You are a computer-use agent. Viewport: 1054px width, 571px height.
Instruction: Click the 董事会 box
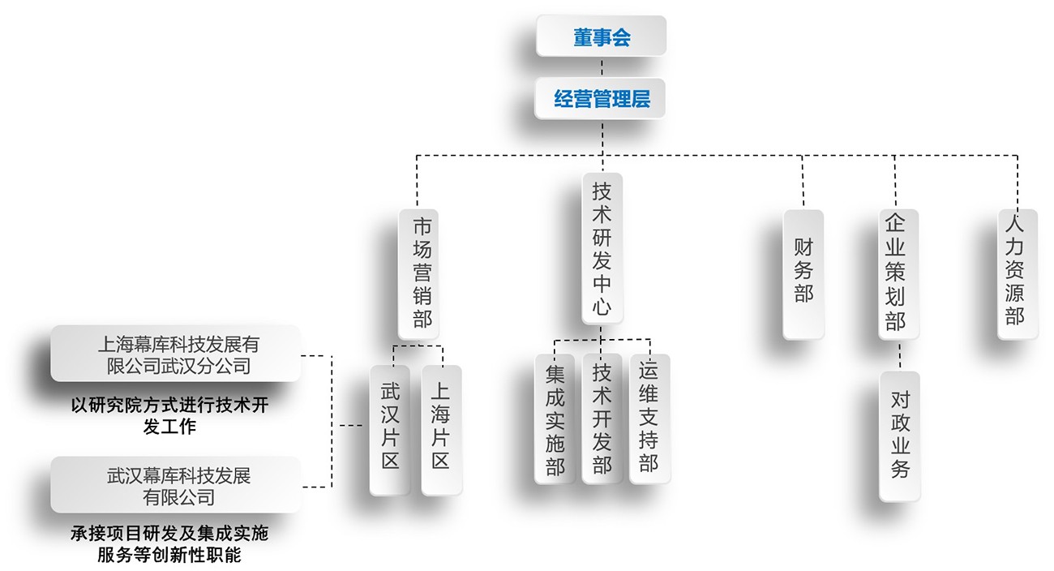[x=601, y=36]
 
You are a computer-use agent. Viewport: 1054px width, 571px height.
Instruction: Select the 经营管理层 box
[x=601, y=99]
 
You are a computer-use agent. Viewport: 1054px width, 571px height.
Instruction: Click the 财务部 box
[x=803, y=273]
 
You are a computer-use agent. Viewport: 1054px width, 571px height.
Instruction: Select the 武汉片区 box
[x=390, y=429]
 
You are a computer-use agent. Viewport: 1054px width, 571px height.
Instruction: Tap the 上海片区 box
[x=441, y=429]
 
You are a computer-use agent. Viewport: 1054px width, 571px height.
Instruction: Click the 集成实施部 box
[x=555, y=419]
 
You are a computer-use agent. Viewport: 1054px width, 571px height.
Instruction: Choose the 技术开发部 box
[x=602, y=419]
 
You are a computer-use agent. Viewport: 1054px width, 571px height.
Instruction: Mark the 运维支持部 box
[x=649, y=419]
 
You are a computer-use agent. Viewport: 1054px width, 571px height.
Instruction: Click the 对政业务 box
[x=899, y=436]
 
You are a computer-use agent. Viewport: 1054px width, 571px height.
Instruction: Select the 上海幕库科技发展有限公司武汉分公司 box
[x=175, y=354]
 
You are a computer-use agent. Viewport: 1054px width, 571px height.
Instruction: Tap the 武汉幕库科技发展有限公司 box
[x=175, y=484]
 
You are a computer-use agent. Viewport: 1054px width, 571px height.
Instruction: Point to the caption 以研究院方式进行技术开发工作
[x=169, y=415]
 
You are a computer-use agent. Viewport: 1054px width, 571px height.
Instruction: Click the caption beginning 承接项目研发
[x=169, y=544]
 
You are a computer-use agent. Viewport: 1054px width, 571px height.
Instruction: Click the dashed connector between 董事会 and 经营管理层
[x=602, y=67]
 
